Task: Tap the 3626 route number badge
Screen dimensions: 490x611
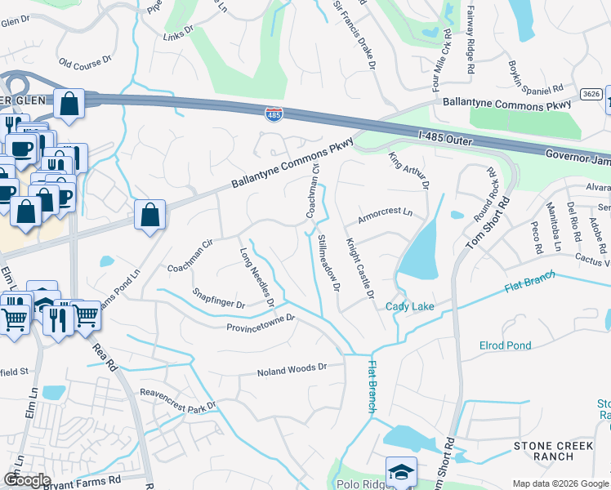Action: [592, 95]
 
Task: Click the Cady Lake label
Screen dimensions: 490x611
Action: [410, 306]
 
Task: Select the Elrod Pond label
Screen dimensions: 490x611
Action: [506, 345]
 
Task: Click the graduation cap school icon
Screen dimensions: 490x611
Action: [401, 473]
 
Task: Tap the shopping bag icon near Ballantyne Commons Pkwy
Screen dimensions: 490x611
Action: [150, 216]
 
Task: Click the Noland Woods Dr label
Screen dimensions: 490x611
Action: [292, 369]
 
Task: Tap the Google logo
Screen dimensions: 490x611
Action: [27, 480]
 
